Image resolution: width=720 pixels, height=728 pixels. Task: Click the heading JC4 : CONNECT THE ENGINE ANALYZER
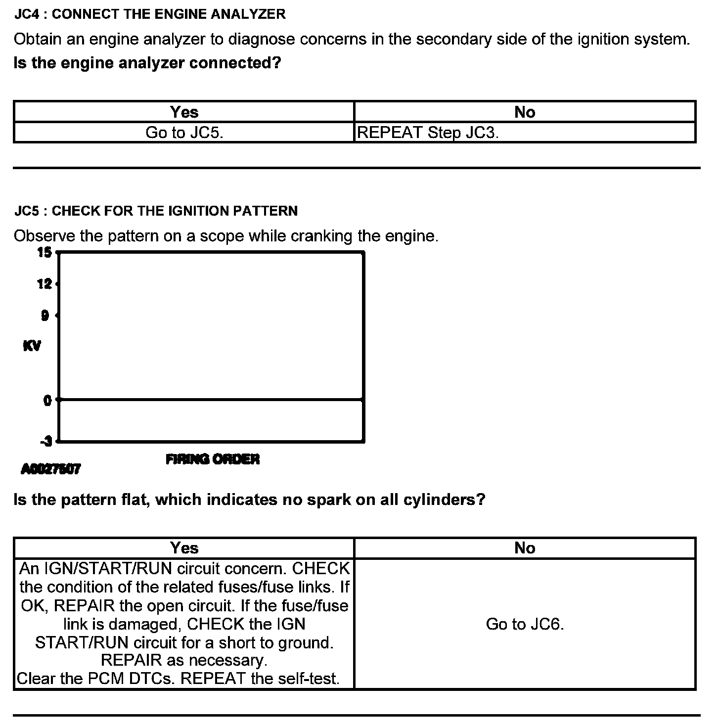(150, 14)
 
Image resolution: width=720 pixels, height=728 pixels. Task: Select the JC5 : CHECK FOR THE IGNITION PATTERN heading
(156, 211)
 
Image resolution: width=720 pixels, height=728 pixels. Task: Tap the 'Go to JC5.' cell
(184, 133)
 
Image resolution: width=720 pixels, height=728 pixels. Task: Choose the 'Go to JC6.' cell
(525, 624)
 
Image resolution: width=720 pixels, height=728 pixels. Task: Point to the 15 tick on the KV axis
(45, 253)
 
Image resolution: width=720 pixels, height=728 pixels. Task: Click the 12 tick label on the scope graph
(45, 284)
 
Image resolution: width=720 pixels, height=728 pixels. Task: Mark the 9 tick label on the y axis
(45, 316)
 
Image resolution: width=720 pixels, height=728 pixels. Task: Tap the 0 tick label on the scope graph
(47, 400)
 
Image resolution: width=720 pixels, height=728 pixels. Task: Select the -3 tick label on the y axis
(46, 441)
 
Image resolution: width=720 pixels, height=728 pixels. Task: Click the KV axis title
(32, 346)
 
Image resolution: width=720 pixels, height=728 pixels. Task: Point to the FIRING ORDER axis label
(213, 459)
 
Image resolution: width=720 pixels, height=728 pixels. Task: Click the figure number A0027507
(50, 469)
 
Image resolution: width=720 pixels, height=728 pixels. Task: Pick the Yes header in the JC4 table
(184, 112)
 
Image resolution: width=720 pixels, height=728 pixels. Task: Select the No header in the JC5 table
(525, 548)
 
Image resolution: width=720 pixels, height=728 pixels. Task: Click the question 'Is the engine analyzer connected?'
(147, 63)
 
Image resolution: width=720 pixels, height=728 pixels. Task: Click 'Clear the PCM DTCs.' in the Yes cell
(96, 679)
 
